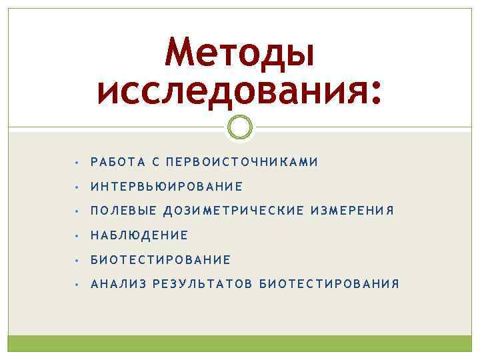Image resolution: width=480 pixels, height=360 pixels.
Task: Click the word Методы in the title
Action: (x=240, y=55)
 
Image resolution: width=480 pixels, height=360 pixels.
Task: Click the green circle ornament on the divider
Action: (x=240, y=126)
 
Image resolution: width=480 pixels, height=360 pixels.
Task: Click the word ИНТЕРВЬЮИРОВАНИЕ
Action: (x=167, y=187)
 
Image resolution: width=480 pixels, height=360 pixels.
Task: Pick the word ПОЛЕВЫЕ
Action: (x=123, y=211)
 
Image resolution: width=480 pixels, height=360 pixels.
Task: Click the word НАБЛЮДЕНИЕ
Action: (x=139, y=235)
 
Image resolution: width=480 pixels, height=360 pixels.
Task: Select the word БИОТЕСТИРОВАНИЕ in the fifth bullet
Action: (x=161, y=259)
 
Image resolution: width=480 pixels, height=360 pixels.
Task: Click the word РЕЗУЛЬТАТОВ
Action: (x=203, y=284)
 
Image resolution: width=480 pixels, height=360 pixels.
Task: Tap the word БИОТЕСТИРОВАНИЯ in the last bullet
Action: (x=329, y=284)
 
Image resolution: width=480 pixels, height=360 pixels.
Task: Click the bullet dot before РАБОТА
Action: (x=78, y=163)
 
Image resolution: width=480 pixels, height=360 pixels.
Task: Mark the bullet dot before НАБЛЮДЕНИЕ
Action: (x=78, y=236)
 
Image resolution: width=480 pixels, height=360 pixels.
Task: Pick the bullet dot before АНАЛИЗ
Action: (x=78, y=285)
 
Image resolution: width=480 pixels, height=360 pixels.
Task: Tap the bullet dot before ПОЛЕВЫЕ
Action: (x=78, y=211)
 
